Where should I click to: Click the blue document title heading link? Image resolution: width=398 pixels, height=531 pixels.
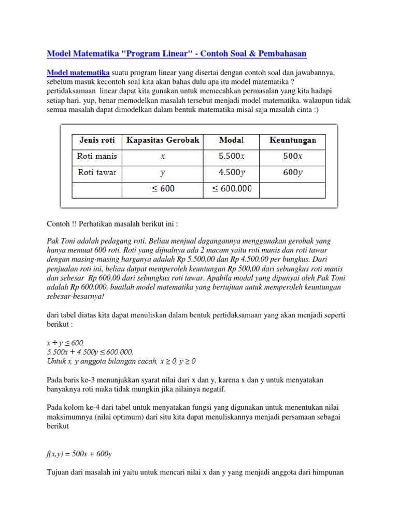coord(177,53)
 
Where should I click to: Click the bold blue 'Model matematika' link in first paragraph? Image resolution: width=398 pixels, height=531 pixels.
coord(78,72)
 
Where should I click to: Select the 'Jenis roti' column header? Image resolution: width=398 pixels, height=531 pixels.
coord(97,140)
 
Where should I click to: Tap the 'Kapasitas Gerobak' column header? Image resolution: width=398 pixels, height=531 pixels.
coord(163,140)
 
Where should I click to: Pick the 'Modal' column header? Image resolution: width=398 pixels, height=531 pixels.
coord(231,140)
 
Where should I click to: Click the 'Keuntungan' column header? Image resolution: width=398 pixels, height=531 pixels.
coord(293,140)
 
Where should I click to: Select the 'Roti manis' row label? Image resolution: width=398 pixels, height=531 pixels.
coord(97,156)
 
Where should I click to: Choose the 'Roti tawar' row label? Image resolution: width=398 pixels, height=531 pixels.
coord(97,173)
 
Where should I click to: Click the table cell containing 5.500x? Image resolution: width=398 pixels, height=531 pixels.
coord(231,156)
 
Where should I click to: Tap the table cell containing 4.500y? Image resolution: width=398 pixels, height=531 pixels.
coord(231,173)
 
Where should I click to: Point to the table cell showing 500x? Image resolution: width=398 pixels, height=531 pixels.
coord(293,156)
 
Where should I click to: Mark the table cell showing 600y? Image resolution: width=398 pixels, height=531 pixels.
coord(293,173)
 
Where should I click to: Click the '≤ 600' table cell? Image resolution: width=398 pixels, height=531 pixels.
coord(163,189)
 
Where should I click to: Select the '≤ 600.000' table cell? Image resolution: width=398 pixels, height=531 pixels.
coord(231,189)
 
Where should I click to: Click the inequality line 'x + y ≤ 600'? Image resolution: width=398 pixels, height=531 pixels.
coord(65,343)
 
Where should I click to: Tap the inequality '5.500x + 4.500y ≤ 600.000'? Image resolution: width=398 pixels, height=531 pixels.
coord(90,352)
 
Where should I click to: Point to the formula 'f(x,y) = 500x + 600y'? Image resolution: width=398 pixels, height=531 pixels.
coord(79,454)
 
